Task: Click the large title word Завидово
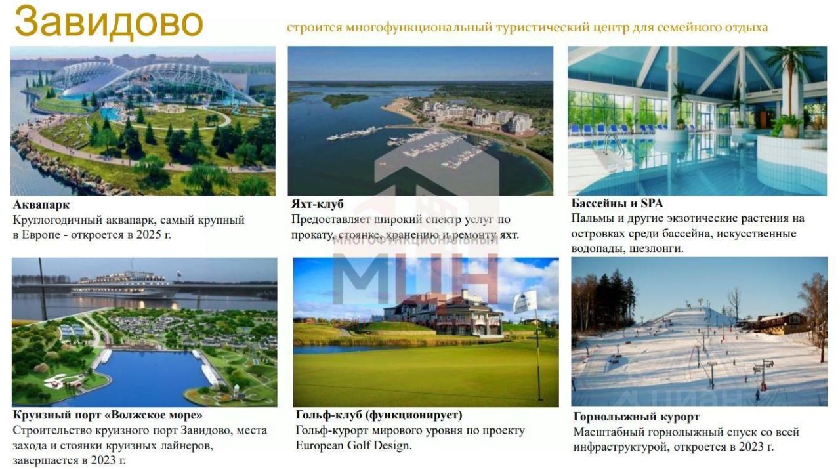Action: (x=109, y=22)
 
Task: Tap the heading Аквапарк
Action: (x=41, y=205)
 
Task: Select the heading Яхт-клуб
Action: (x=317, y=204)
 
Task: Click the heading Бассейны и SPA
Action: (x=617, y=203)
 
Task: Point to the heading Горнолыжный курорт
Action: (x=637, y=417)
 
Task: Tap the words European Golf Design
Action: (x=353, y=445)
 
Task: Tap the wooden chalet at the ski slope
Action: (x=773, y=323)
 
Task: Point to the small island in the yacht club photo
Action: (x=346, y=99)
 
